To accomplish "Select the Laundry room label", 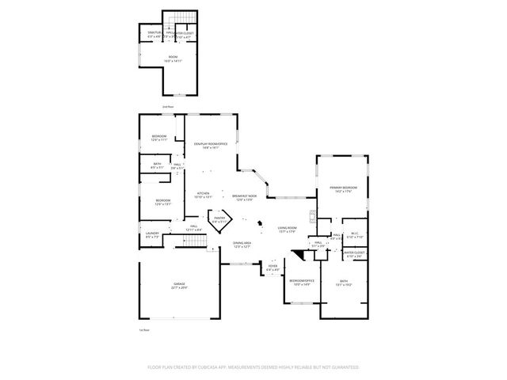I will click(x=152, y=233).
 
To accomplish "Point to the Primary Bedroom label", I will click(x=342, y=187).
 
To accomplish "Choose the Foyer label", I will click(x=273, y=266).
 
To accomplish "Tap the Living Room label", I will click(x=288, y=228).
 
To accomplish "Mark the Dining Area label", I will click(x=242, y=243).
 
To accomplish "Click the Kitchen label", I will click(x=204, y=193).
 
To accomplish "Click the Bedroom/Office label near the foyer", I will click(x=302, y=281).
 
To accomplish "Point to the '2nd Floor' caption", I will click(x=167, y=105).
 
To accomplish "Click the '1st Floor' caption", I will click(x=144, y=329).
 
